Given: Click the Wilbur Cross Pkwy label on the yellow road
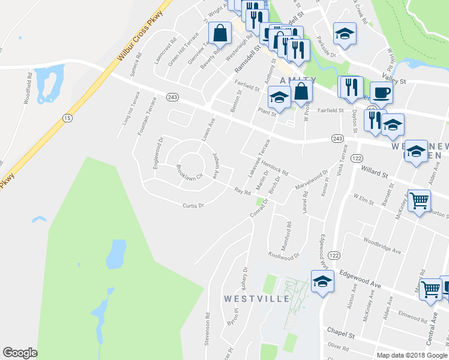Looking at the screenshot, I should point(140,35).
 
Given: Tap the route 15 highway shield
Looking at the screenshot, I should point(67,118).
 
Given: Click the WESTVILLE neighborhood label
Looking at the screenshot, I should point(257,298).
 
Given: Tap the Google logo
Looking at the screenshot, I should point(20,353).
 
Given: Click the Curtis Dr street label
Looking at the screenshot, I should point(194,205).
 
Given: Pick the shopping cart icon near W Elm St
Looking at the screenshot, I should point(419,200).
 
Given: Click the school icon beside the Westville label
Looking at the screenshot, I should point(322,281).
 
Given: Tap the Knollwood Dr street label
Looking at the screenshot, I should point(283,256).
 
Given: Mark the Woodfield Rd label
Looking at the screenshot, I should point(28,88).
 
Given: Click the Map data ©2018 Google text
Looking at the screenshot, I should point(411,355).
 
